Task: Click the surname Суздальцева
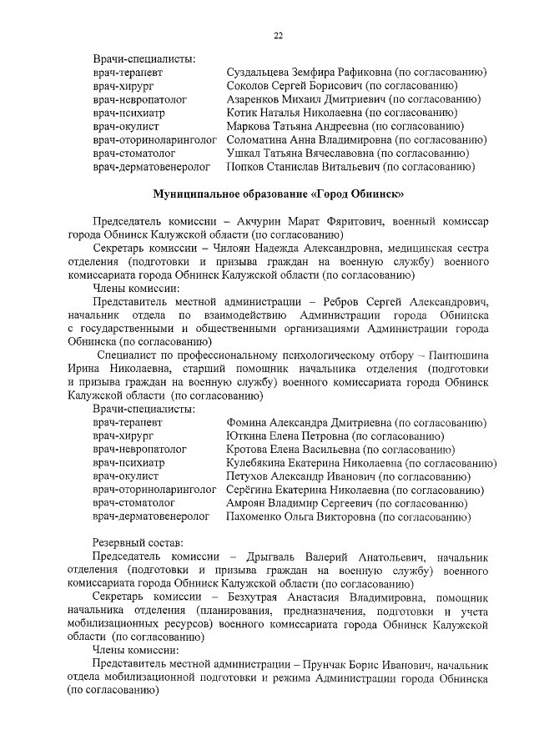261,73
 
